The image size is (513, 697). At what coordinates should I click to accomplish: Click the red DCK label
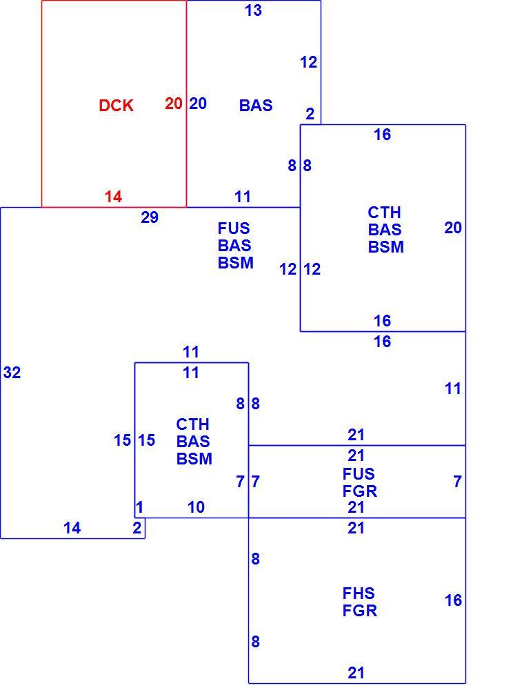[116, 106]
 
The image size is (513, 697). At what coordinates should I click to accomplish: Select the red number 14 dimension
[113, 197]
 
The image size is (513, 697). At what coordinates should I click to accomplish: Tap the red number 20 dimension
[174, 103]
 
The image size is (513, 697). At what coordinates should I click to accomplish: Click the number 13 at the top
[253, 10]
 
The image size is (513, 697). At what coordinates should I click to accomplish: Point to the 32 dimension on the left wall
[12, 372]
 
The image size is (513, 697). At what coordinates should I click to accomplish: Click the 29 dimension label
[150, 217]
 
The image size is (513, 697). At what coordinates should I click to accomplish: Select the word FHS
[359, 593]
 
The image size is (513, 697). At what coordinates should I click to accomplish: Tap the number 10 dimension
[196, 507]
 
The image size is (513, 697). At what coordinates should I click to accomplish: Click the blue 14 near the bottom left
[72, 528]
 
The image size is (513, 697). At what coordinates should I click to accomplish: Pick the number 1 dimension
[139, 507]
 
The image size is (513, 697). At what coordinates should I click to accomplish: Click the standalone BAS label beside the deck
[256, 106]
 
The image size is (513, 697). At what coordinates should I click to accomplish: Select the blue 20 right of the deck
[198, 103]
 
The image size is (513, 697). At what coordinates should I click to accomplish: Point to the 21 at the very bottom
[356, 673]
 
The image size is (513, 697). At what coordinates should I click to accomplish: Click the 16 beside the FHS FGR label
[454, 600]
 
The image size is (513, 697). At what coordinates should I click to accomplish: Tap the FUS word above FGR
[359, 473]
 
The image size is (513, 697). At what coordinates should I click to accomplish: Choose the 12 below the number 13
[309, 62]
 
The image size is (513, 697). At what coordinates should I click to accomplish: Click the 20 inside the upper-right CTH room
[453, 227]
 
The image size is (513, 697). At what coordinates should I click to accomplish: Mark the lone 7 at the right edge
[457, 481]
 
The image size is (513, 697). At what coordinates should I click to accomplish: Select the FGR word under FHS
[360, 610]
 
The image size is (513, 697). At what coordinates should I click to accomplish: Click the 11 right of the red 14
[243, 197]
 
